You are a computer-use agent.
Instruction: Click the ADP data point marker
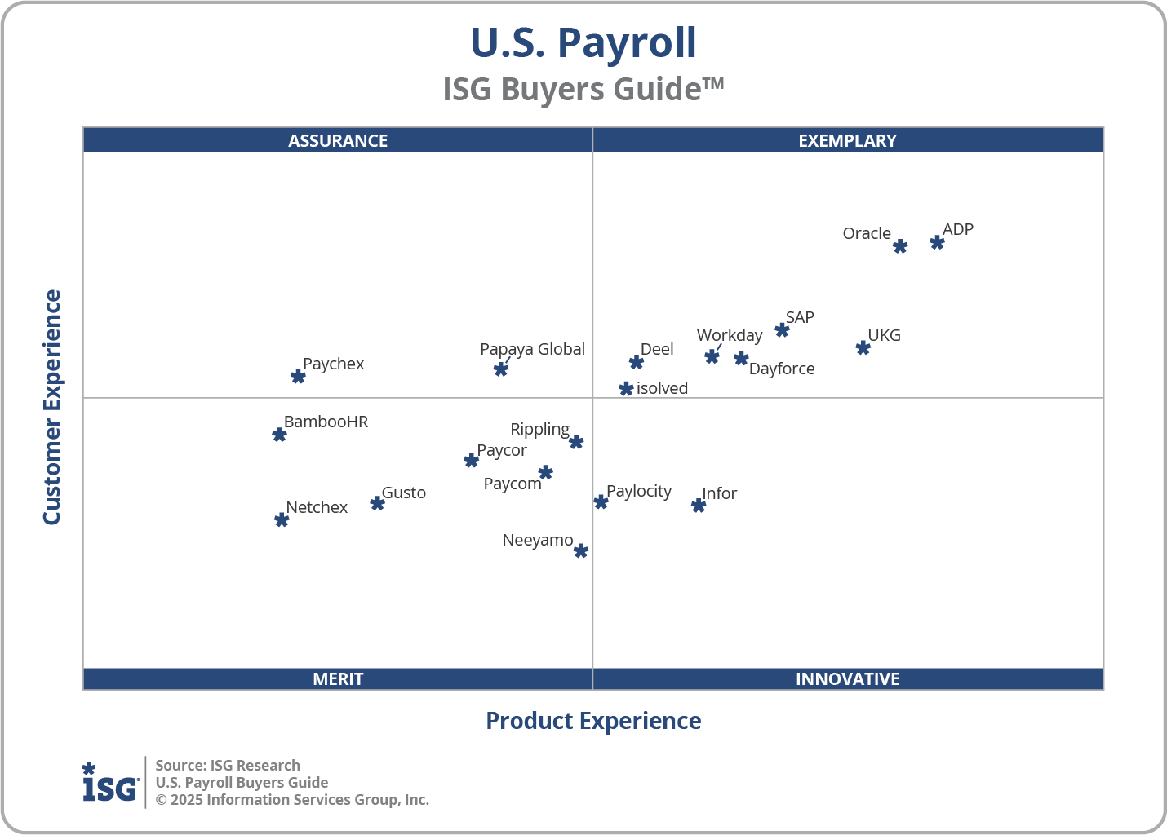tap(937, 242)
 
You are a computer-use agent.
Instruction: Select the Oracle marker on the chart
tap(900, 246)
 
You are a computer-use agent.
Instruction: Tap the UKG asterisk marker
tap(863, 347)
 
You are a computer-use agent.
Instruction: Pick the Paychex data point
tap(298, 376)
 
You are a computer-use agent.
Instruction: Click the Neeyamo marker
tap(580, 551)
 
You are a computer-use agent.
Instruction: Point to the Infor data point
tap(698, 506)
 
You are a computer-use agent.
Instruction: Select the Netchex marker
tap(282, 519)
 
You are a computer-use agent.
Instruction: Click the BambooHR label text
tap(326, 422)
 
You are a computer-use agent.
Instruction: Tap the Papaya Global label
tap(532, 349)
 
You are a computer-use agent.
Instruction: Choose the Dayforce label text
tap(782, 369)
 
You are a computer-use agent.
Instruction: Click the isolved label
tap(662, 388)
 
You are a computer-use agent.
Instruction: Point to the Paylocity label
tap(639, 491)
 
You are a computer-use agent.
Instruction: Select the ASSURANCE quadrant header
tap(338, 140)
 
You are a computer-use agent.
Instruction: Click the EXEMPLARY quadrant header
tap(847, 140)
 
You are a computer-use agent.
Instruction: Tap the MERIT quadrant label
tap(338, 678)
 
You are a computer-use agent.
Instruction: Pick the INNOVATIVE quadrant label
tap(847, 678)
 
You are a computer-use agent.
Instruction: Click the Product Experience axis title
tap(593, 721)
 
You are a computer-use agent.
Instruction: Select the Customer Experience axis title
tap(52, 408)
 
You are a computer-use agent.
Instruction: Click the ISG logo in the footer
tap(110, 783)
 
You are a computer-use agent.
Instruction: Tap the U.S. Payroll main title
tap(583, 42)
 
